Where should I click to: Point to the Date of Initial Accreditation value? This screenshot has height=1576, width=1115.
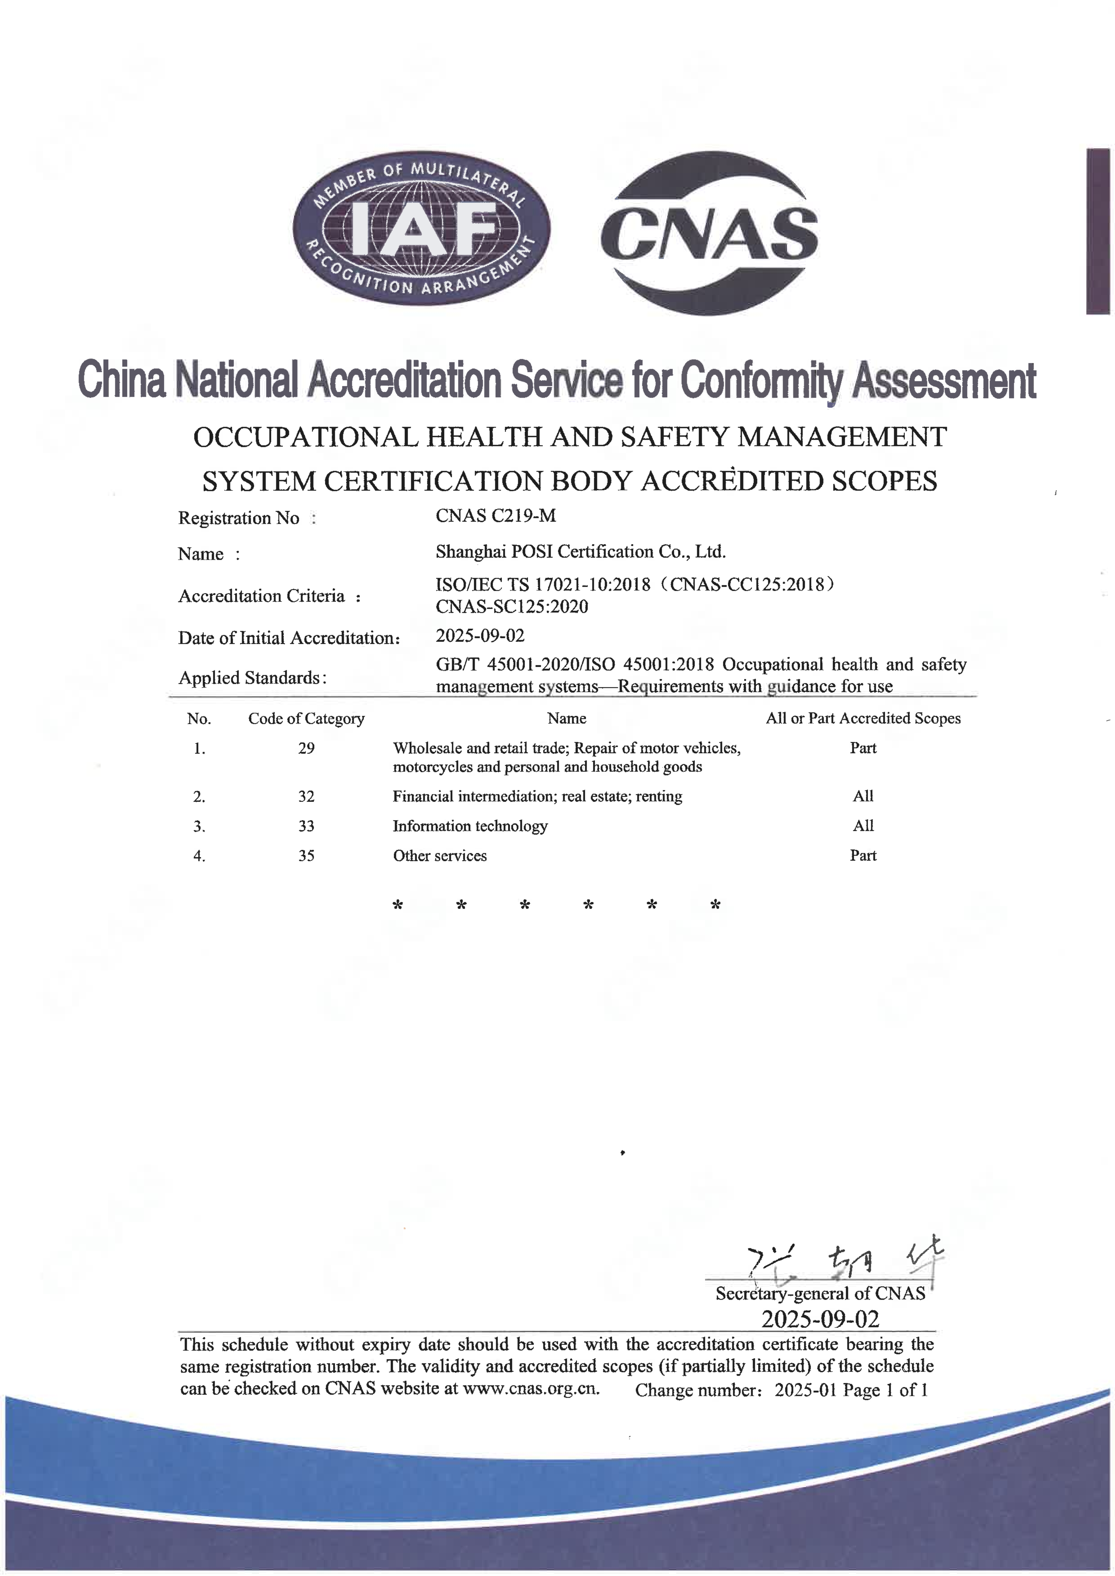click(x=480, y=636)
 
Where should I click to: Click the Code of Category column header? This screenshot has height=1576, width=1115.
click(x=306, y=719)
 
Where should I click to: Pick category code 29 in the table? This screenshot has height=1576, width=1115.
click(x=306, y=748)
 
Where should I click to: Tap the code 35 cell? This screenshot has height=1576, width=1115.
click(x=306, y=855)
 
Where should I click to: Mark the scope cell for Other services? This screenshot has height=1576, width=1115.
click(x=863, y=855)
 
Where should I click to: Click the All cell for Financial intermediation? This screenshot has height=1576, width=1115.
click(x=863, y=796)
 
